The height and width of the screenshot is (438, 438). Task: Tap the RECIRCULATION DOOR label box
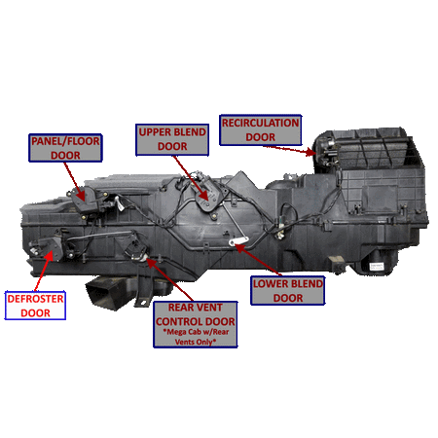(260, 130)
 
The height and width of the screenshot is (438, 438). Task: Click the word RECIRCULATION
(260, 123)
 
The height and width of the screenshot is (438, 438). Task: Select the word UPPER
(156, 131)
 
